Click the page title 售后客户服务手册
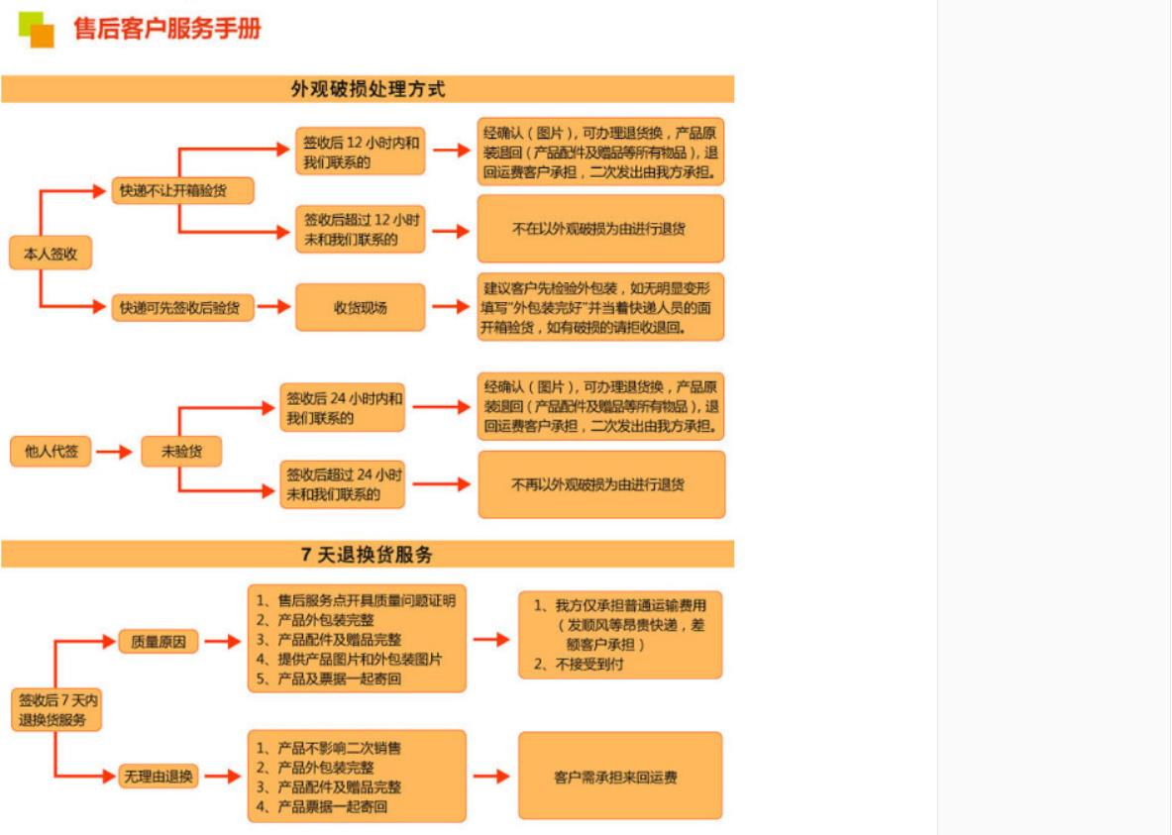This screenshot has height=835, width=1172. [x=167, y=29]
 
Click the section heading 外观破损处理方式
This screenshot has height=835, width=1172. [x=368, y=89]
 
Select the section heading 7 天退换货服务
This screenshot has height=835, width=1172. [x=368, y=555]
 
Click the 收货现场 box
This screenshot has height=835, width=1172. [x=360, y=307]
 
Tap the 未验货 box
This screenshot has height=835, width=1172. [x=179, y=452]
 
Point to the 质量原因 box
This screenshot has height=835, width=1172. [x=159, y=641]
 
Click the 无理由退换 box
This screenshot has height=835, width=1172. [x=159, y=777]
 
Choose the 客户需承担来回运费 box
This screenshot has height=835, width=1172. [x=620, y=777]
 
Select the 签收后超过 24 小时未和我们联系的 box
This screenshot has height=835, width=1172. [x=343, y=483]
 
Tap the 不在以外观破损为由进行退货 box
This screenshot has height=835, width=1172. [x=600, y=229]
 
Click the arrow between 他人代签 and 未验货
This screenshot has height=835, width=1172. [x=114, y=452]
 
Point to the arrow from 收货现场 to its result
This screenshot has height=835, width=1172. [x=451, y=307]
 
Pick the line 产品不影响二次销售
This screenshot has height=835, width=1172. [x=338, y=748]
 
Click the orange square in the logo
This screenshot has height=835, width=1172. [x=42, y=36]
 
